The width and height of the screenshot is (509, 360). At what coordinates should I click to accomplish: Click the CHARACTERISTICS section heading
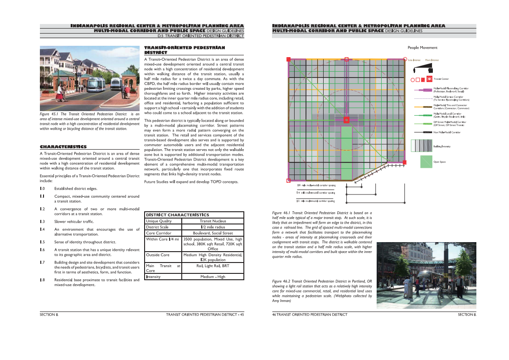point(63,147)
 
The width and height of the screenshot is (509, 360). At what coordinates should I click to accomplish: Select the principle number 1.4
point(42,229)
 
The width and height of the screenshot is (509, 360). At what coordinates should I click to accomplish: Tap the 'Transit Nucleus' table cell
point(213,221)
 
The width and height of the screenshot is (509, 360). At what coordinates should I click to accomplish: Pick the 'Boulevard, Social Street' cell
point(213,233)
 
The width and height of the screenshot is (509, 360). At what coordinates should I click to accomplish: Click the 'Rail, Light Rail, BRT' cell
point(213,266)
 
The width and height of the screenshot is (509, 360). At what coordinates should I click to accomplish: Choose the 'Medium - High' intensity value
point(213,277)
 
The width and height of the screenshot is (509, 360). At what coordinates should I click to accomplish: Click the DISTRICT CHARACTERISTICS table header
point(177,214)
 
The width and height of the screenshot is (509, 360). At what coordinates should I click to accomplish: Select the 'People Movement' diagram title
point(422,48)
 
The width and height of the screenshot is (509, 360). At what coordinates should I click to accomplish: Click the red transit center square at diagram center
point(346,120)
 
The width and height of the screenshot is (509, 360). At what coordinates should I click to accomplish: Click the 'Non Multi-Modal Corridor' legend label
point(447,132)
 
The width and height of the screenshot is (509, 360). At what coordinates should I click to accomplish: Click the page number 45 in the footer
point(242,314)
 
